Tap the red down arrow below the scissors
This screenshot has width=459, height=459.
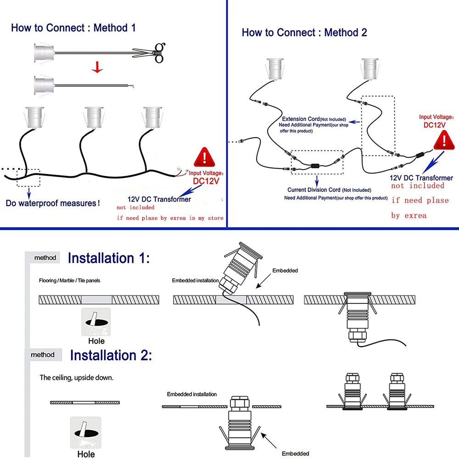pyautogui.click(x=97, y=67)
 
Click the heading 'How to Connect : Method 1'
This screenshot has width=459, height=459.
pyautogui.click(x=73, y=28)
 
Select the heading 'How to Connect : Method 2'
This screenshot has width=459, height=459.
pyautogui.click(x=304, y=33)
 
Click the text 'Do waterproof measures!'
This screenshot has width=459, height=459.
pyautogui.click(x=53, y=203)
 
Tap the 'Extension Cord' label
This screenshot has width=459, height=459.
pyautogui.click(x=301, y=119)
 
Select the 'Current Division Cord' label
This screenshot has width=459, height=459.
pyautogui.click(x=314, y=190)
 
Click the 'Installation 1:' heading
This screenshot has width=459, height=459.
pyautogui.click(x=109, y=258)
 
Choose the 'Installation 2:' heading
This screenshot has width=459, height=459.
pyautogui.click(x=111, y=355)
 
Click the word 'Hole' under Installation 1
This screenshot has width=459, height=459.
pyautogui.click(x=96, y=341)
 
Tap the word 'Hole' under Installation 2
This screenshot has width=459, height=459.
pyautogui.click(x=86, y=454)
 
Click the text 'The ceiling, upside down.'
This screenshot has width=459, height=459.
pyautogui.click(x=76, y=378)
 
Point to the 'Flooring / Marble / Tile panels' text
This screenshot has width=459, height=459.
pyautogui.click(x=70, y=280)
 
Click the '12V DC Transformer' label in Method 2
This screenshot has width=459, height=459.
pyautogui.click(x=421, y=178)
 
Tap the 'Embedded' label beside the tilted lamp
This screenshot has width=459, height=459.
pyautogui.click(x=285, y=270)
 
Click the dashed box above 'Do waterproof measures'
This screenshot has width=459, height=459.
pyautogui.click(x=28, y=177)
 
